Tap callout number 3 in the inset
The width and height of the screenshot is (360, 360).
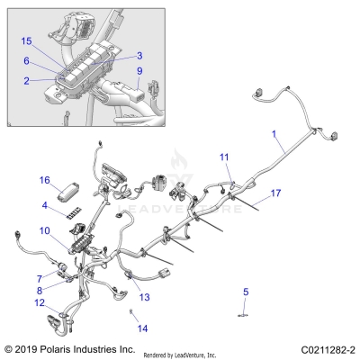139,56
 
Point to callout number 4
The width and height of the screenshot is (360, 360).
45,206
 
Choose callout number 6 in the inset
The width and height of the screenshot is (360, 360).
26,61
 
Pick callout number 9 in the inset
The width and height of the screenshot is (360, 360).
139,70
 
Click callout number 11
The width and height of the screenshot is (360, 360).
224,157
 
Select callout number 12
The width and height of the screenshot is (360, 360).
39,302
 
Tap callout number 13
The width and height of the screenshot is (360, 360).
144,296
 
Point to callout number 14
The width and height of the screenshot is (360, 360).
141,328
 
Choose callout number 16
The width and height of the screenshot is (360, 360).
44,180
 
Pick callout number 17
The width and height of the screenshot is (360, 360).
275,193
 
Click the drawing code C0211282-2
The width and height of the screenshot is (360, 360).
319,347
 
